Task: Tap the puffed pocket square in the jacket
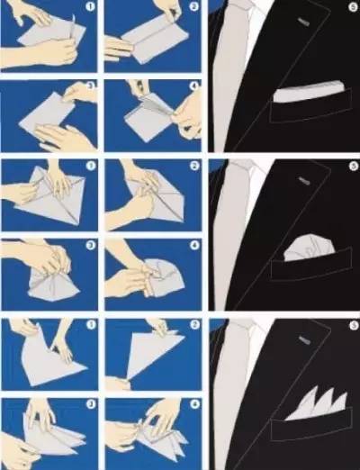tap(309, 249)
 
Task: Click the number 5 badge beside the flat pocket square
tap(354, 6)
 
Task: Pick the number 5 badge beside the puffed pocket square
tap(354, 166)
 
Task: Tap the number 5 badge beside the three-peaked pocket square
tap(354, 325)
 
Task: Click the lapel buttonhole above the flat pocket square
tap(303, 22)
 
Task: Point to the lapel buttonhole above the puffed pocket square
tap(303, 181)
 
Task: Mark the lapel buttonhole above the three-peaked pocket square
tap(303, 339)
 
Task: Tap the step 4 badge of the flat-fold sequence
tap(194, 86)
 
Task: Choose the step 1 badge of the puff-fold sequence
tap(91, 166)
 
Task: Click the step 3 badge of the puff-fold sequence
tap(91, 246)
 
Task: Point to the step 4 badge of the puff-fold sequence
tap(194, 246)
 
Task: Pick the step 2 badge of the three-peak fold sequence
tap(194, 325)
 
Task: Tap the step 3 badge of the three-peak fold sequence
tap(91, 404)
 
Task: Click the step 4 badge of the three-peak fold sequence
tap(194, 404)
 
